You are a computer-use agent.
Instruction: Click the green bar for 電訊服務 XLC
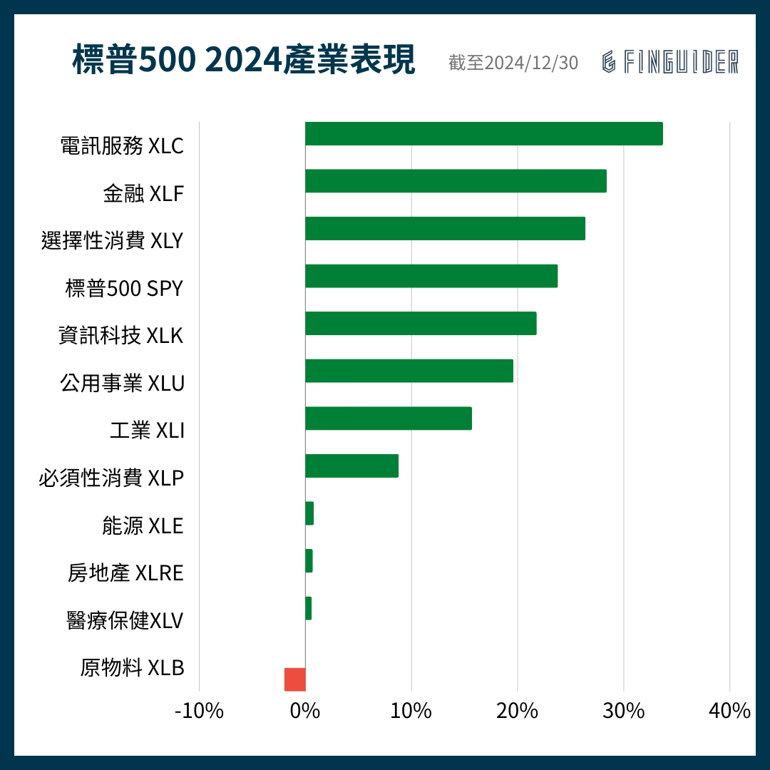click(483, 134)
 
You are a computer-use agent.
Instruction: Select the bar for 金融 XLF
click(456, 181)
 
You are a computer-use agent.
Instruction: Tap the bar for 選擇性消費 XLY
click(445, 229)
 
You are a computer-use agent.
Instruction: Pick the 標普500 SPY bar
click(431, 276)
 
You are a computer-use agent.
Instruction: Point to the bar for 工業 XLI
click(389, 419)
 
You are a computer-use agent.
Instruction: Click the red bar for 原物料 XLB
click(294, 679)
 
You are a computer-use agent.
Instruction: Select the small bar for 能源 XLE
click(309, 513)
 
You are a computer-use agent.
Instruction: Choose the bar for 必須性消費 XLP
click(351, 466)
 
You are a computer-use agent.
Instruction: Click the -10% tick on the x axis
click(199, 711)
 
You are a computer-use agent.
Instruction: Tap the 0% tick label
click(305, 711)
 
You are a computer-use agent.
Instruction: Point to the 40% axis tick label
click(729, 711)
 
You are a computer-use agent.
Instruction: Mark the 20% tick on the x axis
click(517, 711)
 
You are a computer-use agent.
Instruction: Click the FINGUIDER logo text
click(670, 62)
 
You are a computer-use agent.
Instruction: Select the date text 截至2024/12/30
click(513, 63)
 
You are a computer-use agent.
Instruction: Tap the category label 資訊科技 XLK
click(121, 336)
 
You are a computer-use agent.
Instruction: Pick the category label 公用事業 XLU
click(122, 384)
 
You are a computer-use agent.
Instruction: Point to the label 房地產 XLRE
click(125, 573)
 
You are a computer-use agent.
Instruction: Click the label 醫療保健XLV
click(125, 620)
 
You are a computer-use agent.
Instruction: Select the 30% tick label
click(623, 711)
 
